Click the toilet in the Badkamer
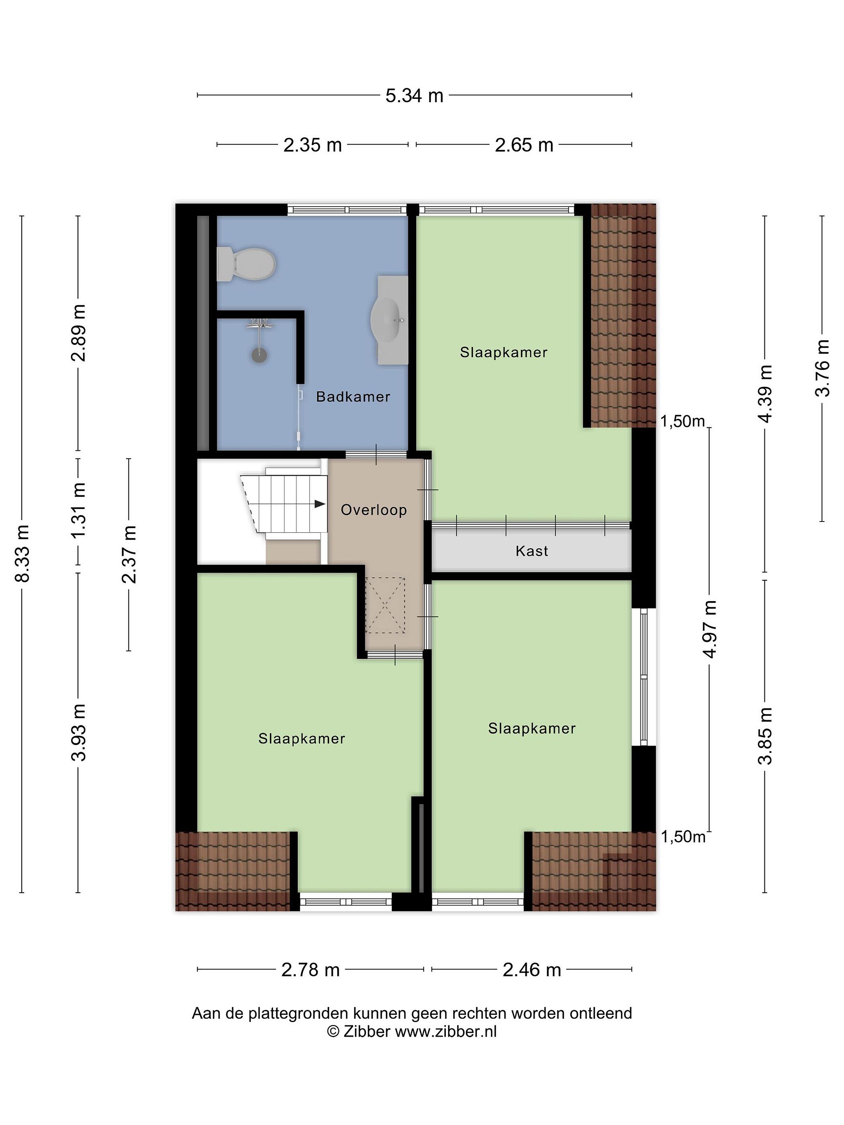click(246, 264)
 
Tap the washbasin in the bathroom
click(389, 320)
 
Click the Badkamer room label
click(353, 397)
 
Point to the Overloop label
click(374, 510)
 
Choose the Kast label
click(532, 551)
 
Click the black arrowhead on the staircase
click(320, 504)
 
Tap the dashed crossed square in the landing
click(386, 605)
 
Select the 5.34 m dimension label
click(414, 96)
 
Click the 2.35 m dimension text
click(312, 145)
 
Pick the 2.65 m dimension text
click(524, 145)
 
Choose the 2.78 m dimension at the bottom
click(310, 970)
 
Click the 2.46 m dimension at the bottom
click(532, 970)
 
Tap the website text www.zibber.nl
click(446, 1031)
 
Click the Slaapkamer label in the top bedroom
click(504, 352)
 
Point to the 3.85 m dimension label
click(765, 736)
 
